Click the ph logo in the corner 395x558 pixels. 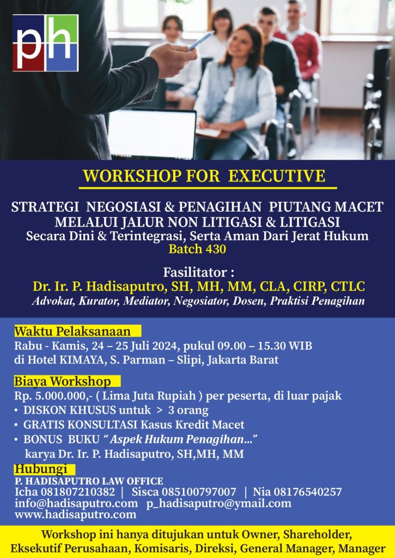(x=45, y=43)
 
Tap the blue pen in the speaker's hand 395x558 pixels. (x=202, y=40)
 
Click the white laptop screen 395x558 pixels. (x=152, y=134)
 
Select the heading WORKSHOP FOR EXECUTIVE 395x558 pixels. (x=204, y=176)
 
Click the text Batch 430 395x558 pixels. (x=197, y=249)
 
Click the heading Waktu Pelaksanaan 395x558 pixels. (x=72, y=331)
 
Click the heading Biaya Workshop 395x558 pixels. (x=63, y=381)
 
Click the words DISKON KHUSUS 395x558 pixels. (x=70, y=410)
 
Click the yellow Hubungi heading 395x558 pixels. (x=40, y=469)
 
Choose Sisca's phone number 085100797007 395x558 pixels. (x=199, y=492)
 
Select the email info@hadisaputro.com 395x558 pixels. (x=76, y=503)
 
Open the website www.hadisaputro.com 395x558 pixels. (x=75, y=514)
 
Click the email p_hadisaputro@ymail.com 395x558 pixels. (x=218, y=504)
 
